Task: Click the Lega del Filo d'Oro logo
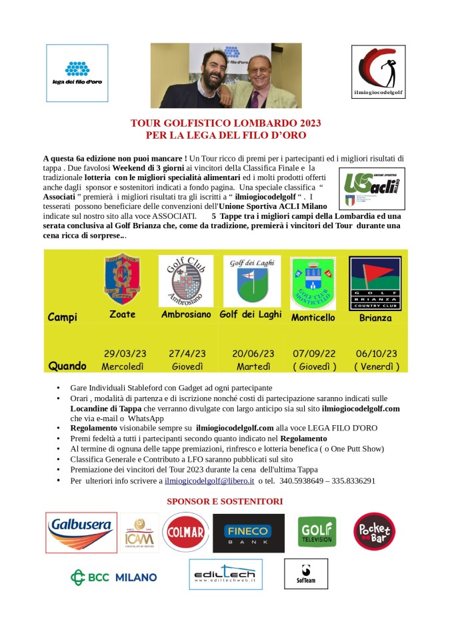(x=77, y=73)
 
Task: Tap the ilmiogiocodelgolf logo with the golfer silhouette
(x=377, y=71)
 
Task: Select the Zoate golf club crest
(x=122, y=278)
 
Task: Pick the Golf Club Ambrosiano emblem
(x=186, y=280)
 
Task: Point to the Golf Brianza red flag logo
(x=375, y=280)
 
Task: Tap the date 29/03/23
(x=125, y=354)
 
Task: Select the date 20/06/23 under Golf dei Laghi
(x=253, y=354)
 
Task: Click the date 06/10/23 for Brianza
(x=377, y=354)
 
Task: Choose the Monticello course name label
(x=313, y=318)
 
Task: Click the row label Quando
(x=67, y=366)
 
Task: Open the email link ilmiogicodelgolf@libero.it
(x=209, y=481)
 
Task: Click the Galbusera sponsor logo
(x=81, y=532)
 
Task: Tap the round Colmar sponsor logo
(x=183, y=533)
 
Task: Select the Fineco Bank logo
(x=249, y=533)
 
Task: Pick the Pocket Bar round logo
(x=375, y=532)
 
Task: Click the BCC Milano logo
(x=114, y=577)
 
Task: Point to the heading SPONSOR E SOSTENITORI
(x=225, y=501)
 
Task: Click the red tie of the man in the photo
(x=254, y=98)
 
